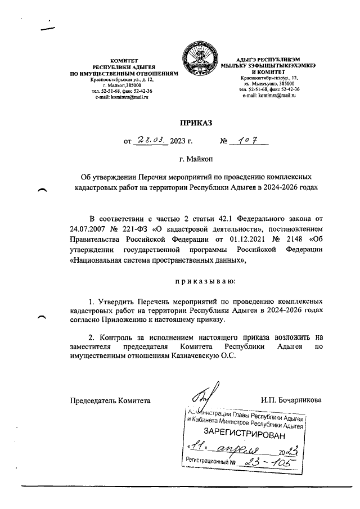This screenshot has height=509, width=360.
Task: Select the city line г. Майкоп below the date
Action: (x=193, y=160)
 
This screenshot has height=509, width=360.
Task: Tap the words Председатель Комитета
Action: (x=110, y=400)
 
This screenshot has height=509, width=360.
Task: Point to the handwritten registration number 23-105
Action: (x=268, y=462)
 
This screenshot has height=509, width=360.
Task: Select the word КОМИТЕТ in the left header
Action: (x=124, y=60)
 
